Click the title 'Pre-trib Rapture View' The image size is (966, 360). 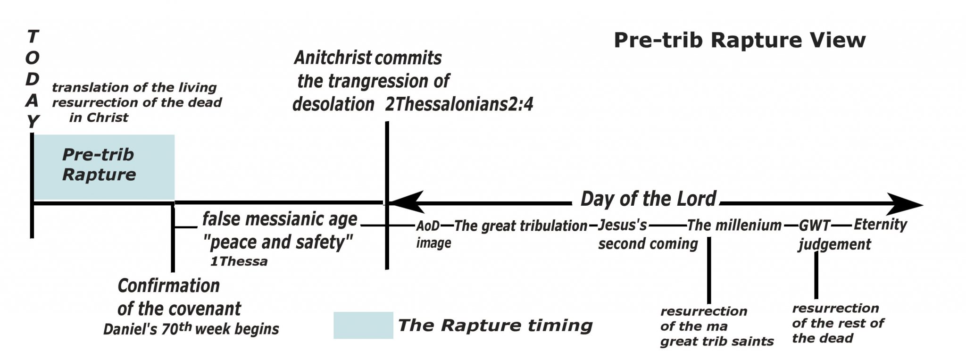tap(740, 40)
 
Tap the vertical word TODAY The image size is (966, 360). tap(32, 79)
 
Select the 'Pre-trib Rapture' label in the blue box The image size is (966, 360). tap(99, 165)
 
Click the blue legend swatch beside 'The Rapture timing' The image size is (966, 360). tap(363, 325)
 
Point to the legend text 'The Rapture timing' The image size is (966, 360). tap(495, 325)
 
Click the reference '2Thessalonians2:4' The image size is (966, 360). tap(459, 104)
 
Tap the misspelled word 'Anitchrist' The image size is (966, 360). tap(333, 58)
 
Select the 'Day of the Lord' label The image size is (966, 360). tap(649, 199)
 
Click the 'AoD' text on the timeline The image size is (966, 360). tap(428, 226)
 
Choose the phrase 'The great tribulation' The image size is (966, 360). tap(521, 226)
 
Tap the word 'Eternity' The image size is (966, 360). tap(880, 225)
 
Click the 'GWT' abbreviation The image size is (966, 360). tap(815, 226)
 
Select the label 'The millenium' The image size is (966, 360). tap(734, 226)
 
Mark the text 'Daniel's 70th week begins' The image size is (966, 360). tap(191, 328)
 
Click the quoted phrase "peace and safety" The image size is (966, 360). tap(278, 242)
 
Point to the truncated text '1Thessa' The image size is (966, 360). tap(239, 261)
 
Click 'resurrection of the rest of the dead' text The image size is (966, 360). tap(838, 323)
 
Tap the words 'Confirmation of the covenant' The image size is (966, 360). tap(179, 297)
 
